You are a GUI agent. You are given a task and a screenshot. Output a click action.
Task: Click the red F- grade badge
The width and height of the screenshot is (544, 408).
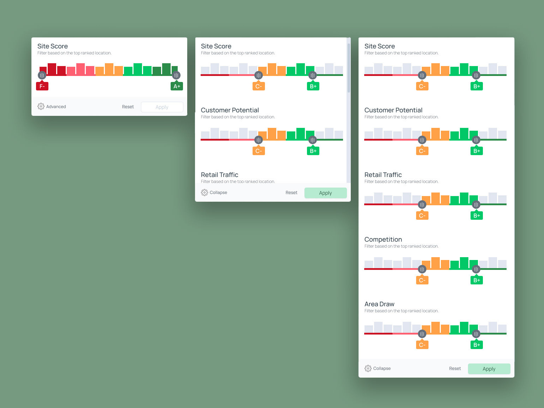click(x=42, y=86)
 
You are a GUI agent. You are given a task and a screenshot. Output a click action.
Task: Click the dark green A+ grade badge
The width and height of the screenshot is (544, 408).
click(x=177, y=86)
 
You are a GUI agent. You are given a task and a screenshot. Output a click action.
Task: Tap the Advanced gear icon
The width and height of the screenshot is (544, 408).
click(x=41, y=106)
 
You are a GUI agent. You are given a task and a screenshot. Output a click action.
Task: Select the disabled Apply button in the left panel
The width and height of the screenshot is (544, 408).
click(x=162, y=107)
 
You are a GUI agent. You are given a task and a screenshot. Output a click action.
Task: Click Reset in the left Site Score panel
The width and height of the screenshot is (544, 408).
click(x=128, y=107)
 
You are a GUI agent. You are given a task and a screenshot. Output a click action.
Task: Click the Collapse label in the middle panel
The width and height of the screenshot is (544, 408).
click(x=218, y=193)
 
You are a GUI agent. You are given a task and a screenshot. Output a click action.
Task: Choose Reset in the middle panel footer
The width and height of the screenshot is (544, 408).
click(x=291, y=193)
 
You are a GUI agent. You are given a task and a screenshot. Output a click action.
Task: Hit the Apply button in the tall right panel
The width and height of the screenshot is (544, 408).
click(x=489, y=369)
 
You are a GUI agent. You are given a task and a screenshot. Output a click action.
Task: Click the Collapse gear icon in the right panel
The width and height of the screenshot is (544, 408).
click(x=368, y=368)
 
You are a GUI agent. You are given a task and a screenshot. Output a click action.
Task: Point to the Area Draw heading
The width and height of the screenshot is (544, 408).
click(x=379, y=304)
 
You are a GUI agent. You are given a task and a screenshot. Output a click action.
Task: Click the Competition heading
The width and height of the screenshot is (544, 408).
click(x=383, y=240)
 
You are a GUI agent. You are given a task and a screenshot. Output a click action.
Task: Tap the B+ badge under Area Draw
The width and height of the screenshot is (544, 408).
click(x=477, y=345)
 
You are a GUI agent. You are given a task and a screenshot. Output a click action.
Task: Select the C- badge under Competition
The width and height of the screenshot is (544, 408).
click(x=422, y=280)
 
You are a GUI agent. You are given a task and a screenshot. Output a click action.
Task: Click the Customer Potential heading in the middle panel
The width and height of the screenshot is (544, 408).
click(x=230, y=110)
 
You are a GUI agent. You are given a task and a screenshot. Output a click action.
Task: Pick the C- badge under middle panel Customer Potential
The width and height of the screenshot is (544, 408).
click(x=259, y=151)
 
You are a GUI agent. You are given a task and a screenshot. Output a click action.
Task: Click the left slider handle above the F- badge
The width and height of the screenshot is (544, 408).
click(x=42, y=75)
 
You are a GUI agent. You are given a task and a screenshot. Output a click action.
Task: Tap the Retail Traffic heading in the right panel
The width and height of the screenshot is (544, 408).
click(x=383, y=175)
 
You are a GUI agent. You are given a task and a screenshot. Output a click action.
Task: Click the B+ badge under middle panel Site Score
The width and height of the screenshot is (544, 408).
click(x=313, y=86)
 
